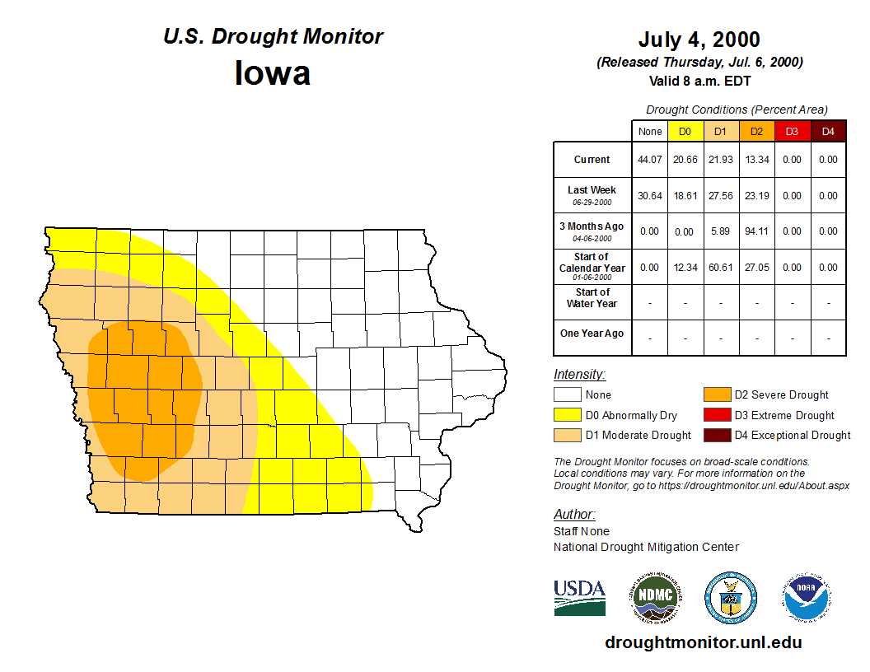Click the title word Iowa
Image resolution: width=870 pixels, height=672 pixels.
click(273, 72)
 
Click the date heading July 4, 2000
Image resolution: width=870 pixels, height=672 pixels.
click(699, 40)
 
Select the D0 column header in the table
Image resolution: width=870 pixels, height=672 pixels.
click(685, 131)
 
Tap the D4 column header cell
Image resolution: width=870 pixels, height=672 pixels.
click(828, 131)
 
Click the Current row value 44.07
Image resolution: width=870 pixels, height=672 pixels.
click(649, 160)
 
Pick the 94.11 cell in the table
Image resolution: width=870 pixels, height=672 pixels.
click(756, 231)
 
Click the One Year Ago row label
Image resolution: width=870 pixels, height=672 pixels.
click(592, 334)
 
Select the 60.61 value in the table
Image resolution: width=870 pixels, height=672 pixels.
click(721, 268)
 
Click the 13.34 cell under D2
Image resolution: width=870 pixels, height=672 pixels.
click(756, 160)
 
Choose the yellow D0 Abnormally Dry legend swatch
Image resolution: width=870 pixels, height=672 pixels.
click(568, 415)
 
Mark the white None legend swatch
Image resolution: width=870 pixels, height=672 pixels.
click(568, 395)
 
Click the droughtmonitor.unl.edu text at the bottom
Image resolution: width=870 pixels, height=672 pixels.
click(703, 642)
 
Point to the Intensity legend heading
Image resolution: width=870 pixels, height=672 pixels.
click(579, 375)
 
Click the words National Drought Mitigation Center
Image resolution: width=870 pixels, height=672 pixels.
click(646, 547)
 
